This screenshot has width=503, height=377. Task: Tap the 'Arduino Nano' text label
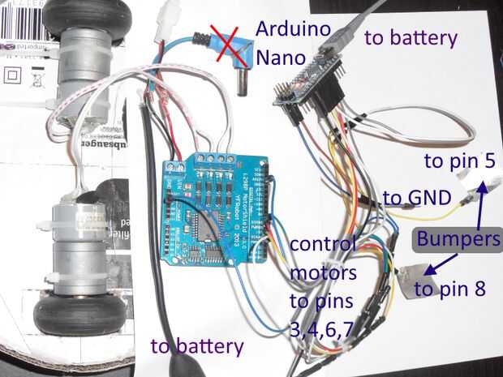294,43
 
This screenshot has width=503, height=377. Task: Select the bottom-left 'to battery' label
197,346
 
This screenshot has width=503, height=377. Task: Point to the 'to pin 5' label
458,161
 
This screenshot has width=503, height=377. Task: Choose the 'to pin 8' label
449,287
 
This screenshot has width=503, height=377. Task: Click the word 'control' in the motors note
322,244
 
